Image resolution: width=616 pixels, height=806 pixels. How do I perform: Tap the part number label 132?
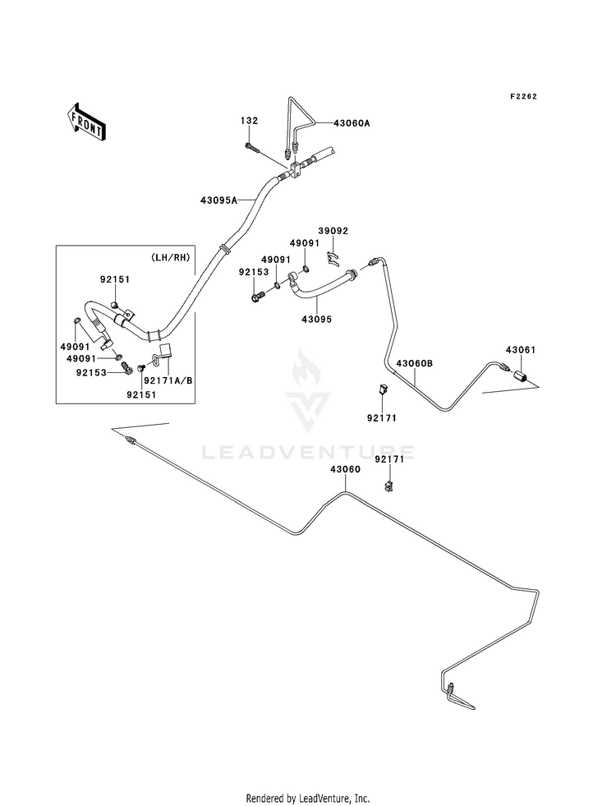point(249,121)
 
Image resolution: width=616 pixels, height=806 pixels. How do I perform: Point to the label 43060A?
point(352,123)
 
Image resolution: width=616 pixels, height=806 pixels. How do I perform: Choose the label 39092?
point(333,232)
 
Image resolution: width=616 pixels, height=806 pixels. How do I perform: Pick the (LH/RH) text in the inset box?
point(171,258)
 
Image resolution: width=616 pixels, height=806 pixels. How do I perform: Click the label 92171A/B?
point(168,380)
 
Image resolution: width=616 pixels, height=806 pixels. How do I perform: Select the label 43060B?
point(414,362)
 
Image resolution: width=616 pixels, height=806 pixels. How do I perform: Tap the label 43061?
point(521,351)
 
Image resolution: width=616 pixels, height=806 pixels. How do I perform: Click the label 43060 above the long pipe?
point(345,469)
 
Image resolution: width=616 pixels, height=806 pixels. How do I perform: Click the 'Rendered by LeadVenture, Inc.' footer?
point(308,798)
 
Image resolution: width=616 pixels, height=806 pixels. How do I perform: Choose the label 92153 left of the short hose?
point(252,271)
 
